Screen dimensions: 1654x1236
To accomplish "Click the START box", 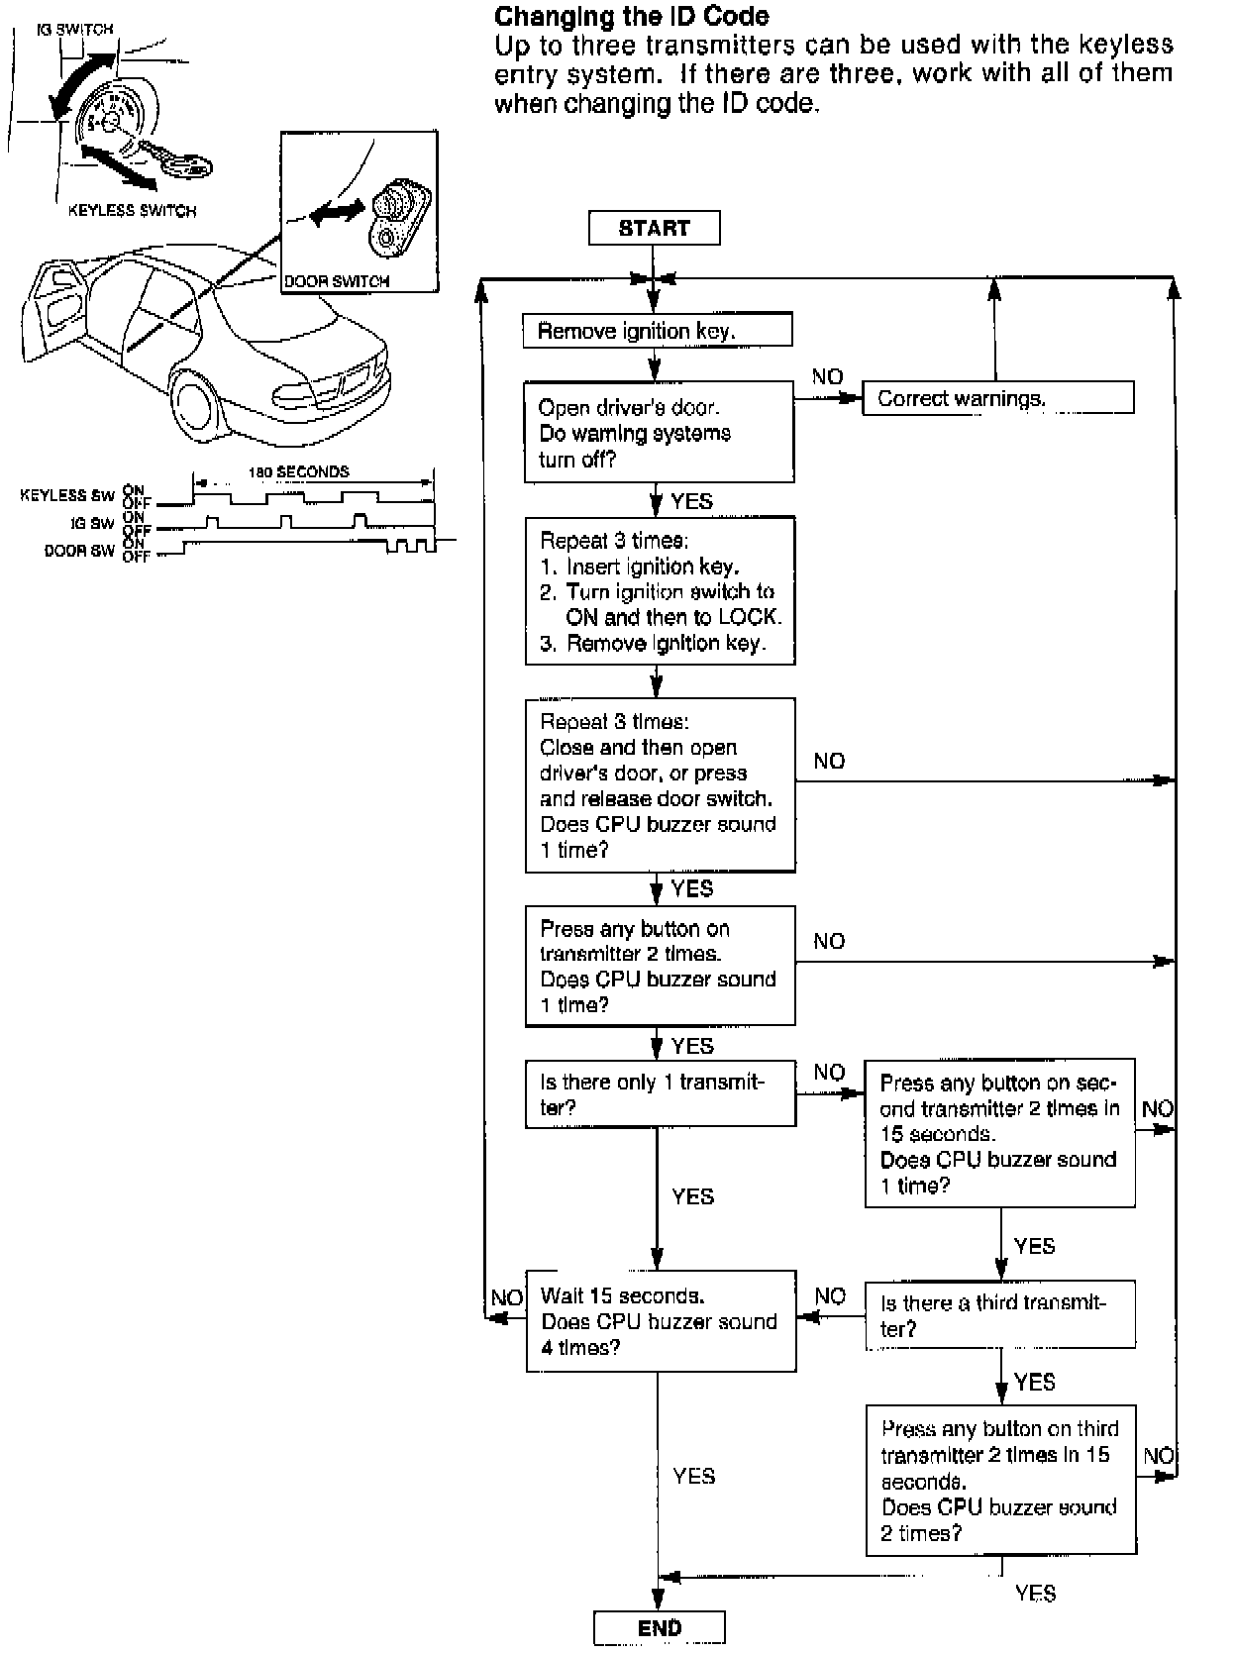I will point(654,228).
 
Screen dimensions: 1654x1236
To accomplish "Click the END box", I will point(660,1628).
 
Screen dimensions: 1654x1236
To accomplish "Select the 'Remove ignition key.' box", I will point(657,331).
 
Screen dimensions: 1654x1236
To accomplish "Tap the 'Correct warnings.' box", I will point(997,399).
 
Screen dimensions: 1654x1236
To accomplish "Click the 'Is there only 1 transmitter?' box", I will point(660,1094).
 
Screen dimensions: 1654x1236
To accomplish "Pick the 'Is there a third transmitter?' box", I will point(999,1315).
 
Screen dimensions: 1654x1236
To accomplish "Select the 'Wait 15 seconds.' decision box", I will point(661,1321).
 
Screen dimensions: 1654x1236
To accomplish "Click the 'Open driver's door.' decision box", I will point(659,433).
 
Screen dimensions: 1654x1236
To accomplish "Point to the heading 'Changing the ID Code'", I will point(631,16).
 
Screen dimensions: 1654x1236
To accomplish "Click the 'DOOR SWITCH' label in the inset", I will point(337,281).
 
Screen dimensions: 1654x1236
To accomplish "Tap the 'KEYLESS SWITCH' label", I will point(132,211).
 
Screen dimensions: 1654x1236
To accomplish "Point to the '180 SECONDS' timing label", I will point(298,471).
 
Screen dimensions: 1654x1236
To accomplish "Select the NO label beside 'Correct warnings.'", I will point(827,376).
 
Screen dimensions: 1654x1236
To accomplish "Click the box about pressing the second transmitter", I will point(999,1134).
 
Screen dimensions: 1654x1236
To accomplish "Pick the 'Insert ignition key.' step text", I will point(653,567).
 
